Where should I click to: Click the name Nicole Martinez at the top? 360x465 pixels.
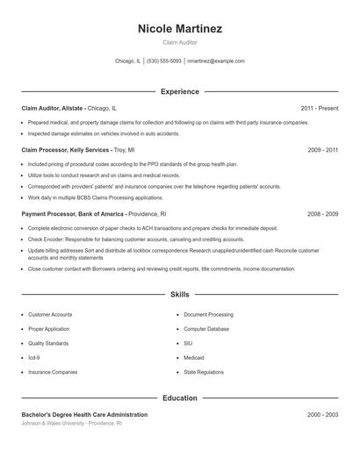point(180,29)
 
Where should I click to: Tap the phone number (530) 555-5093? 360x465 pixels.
point(164,61)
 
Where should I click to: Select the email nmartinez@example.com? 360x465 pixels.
point(216,61)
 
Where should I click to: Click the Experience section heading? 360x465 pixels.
point(180,91)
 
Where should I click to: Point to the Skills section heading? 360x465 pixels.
point(180,295)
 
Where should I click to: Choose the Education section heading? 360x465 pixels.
point(180,397)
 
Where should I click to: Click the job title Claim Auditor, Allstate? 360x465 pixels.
point(53,108)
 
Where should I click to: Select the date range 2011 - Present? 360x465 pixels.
point(319,108)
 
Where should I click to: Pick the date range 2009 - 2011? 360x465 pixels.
point(323,150)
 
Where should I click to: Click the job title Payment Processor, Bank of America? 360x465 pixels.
point(73,213)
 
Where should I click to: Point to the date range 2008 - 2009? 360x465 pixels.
point(323,213)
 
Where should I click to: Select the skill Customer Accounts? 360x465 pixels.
point(50,314)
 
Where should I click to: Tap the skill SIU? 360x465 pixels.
point(188,343)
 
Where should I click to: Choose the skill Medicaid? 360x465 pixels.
point(194,357)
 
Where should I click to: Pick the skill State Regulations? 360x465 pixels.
point(204,372)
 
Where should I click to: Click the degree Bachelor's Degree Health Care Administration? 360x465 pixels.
point(84,414)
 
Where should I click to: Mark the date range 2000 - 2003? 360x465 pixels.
point(323,414)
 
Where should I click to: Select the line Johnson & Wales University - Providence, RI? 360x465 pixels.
point(72,423)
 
